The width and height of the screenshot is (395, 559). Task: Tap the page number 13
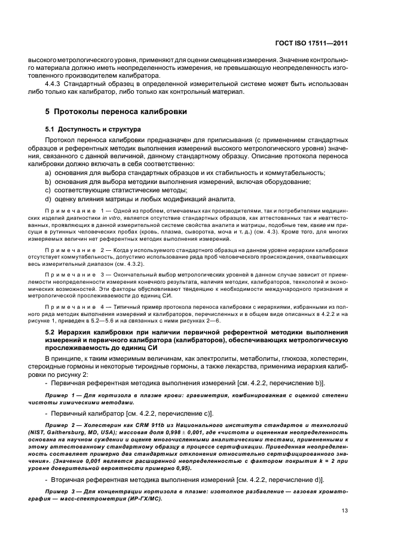[x=345, y=510]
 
